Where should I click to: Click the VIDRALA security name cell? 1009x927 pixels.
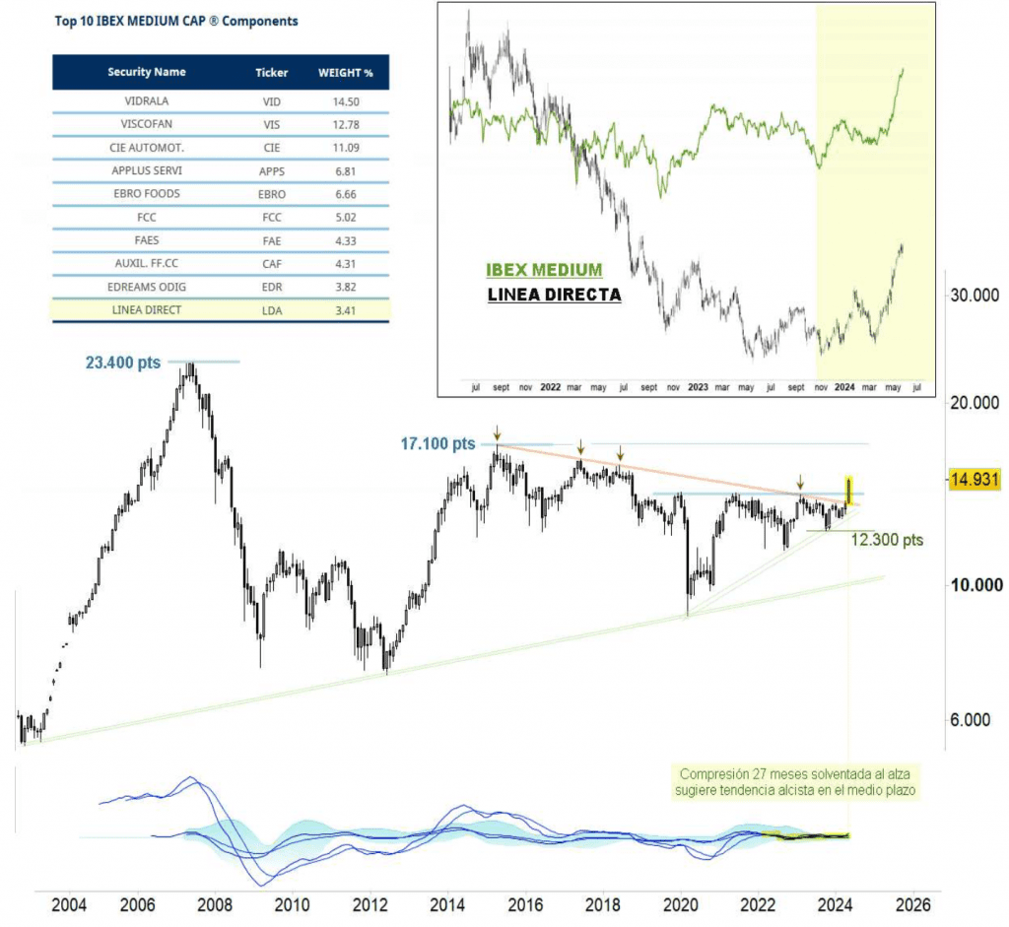tap(147, 99)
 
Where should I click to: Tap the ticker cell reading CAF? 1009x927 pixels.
tap(271, 263)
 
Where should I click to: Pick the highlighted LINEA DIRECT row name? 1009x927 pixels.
tap(147, 310)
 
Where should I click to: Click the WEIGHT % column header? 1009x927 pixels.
tap(338, 73)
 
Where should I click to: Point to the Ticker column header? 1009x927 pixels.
tap(271, 73)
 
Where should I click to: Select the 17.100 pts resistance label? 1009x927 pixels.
tap(437, 444)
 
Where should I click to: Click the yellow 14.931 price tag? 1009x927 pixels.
tap(975, 480)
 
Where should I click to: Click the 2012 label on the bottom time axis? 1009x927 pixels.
tap(370, 904)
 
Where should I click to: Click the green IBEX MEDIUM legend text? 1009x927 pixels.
tap(544, 270)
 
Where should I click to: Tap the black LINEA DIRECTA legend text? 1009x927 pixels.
tap(554, 294)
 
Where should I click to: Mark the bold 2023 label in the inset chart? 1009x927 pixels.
tap(698, 388)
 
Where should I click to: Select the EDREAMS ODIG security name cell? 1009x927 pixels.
tap(147, 287)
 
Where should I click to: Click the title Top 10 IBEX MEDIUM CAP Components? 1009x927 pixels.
tap(176, 21)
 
